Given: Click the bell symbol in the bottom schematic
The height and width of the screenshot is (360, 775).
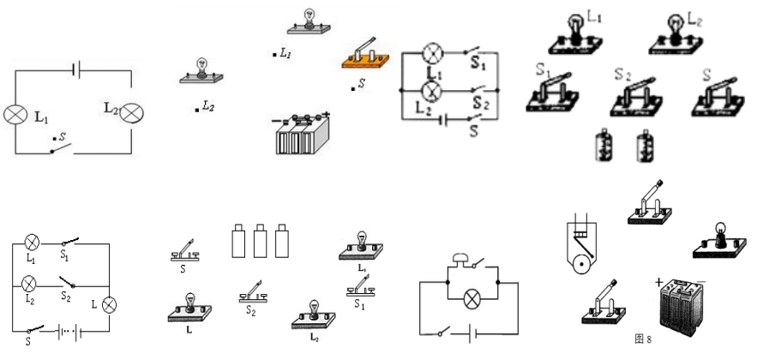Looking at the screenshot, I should coord(460,261).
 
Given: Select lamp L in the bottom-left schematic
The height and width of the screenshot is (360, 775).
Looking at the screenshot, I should coord(110,304).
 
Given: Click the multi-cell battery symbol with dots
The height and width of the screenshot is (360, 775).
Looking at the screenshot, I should coord(66,331).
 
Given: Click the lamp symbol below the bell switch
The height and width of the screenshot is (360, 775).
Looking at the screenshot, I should coord(470,298).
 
